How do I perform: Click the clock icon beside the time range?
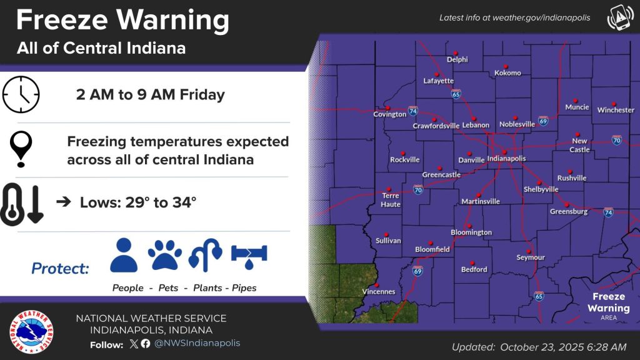[21, 94]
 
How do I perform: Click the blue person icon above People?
[124, 254]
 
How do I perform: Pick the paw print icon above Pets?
[165, 255]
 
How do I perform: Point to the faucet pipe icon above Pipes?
[249, 256]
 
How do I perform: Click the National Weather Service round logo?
[31, 331]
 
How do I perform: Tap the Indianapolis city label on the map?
[506, 159]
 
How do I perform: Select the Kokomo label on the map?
[507, 73]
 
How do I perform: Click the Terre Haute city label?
[391, 200]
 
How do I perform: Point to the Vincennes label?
[379, 292]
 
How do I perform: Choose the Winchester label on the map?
[616, 110]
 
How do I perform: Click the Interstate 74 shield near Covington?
[413, 111]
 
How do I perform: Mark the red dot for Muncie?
[575, 100]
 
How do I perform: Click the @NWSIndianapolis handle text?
[197, 343]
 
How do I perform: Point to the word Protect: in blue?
[60, 269]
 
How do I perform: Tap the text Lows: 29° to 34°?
[138, 202]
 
